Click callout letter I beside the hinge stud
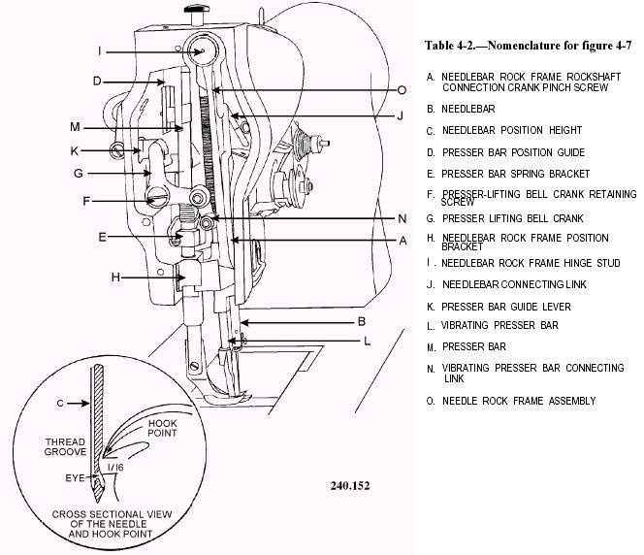coord(99,51)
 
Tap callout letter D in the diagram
coord(97,81)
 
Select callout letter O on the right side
coord(402,90)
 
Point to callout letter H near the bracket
coord(115,277)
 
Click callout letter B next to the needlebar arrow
coord(362,321)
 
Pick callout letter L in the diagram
coord(368,341)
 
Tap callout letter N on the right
coord(402,218)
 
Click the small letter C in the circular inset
coord(60,404)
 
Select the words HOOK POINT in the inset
coord(162,428)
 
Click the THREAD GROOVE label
coord(65,447)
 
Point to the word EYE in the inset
coord(75,478)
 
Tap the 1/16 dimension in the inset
coord(115,468)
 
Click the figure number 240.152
coord(350,486)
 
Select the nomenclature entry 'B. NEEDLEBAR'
coord(461,110)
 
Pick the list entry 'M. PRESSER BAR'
coord(467,347)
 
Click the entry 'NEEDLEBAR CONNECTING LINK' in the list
coord(514,284)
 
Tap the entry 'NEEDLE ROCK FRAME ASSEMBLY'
coord(519,401)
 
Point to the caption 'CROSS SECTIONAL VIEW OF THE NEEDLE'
coord(111,519)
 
